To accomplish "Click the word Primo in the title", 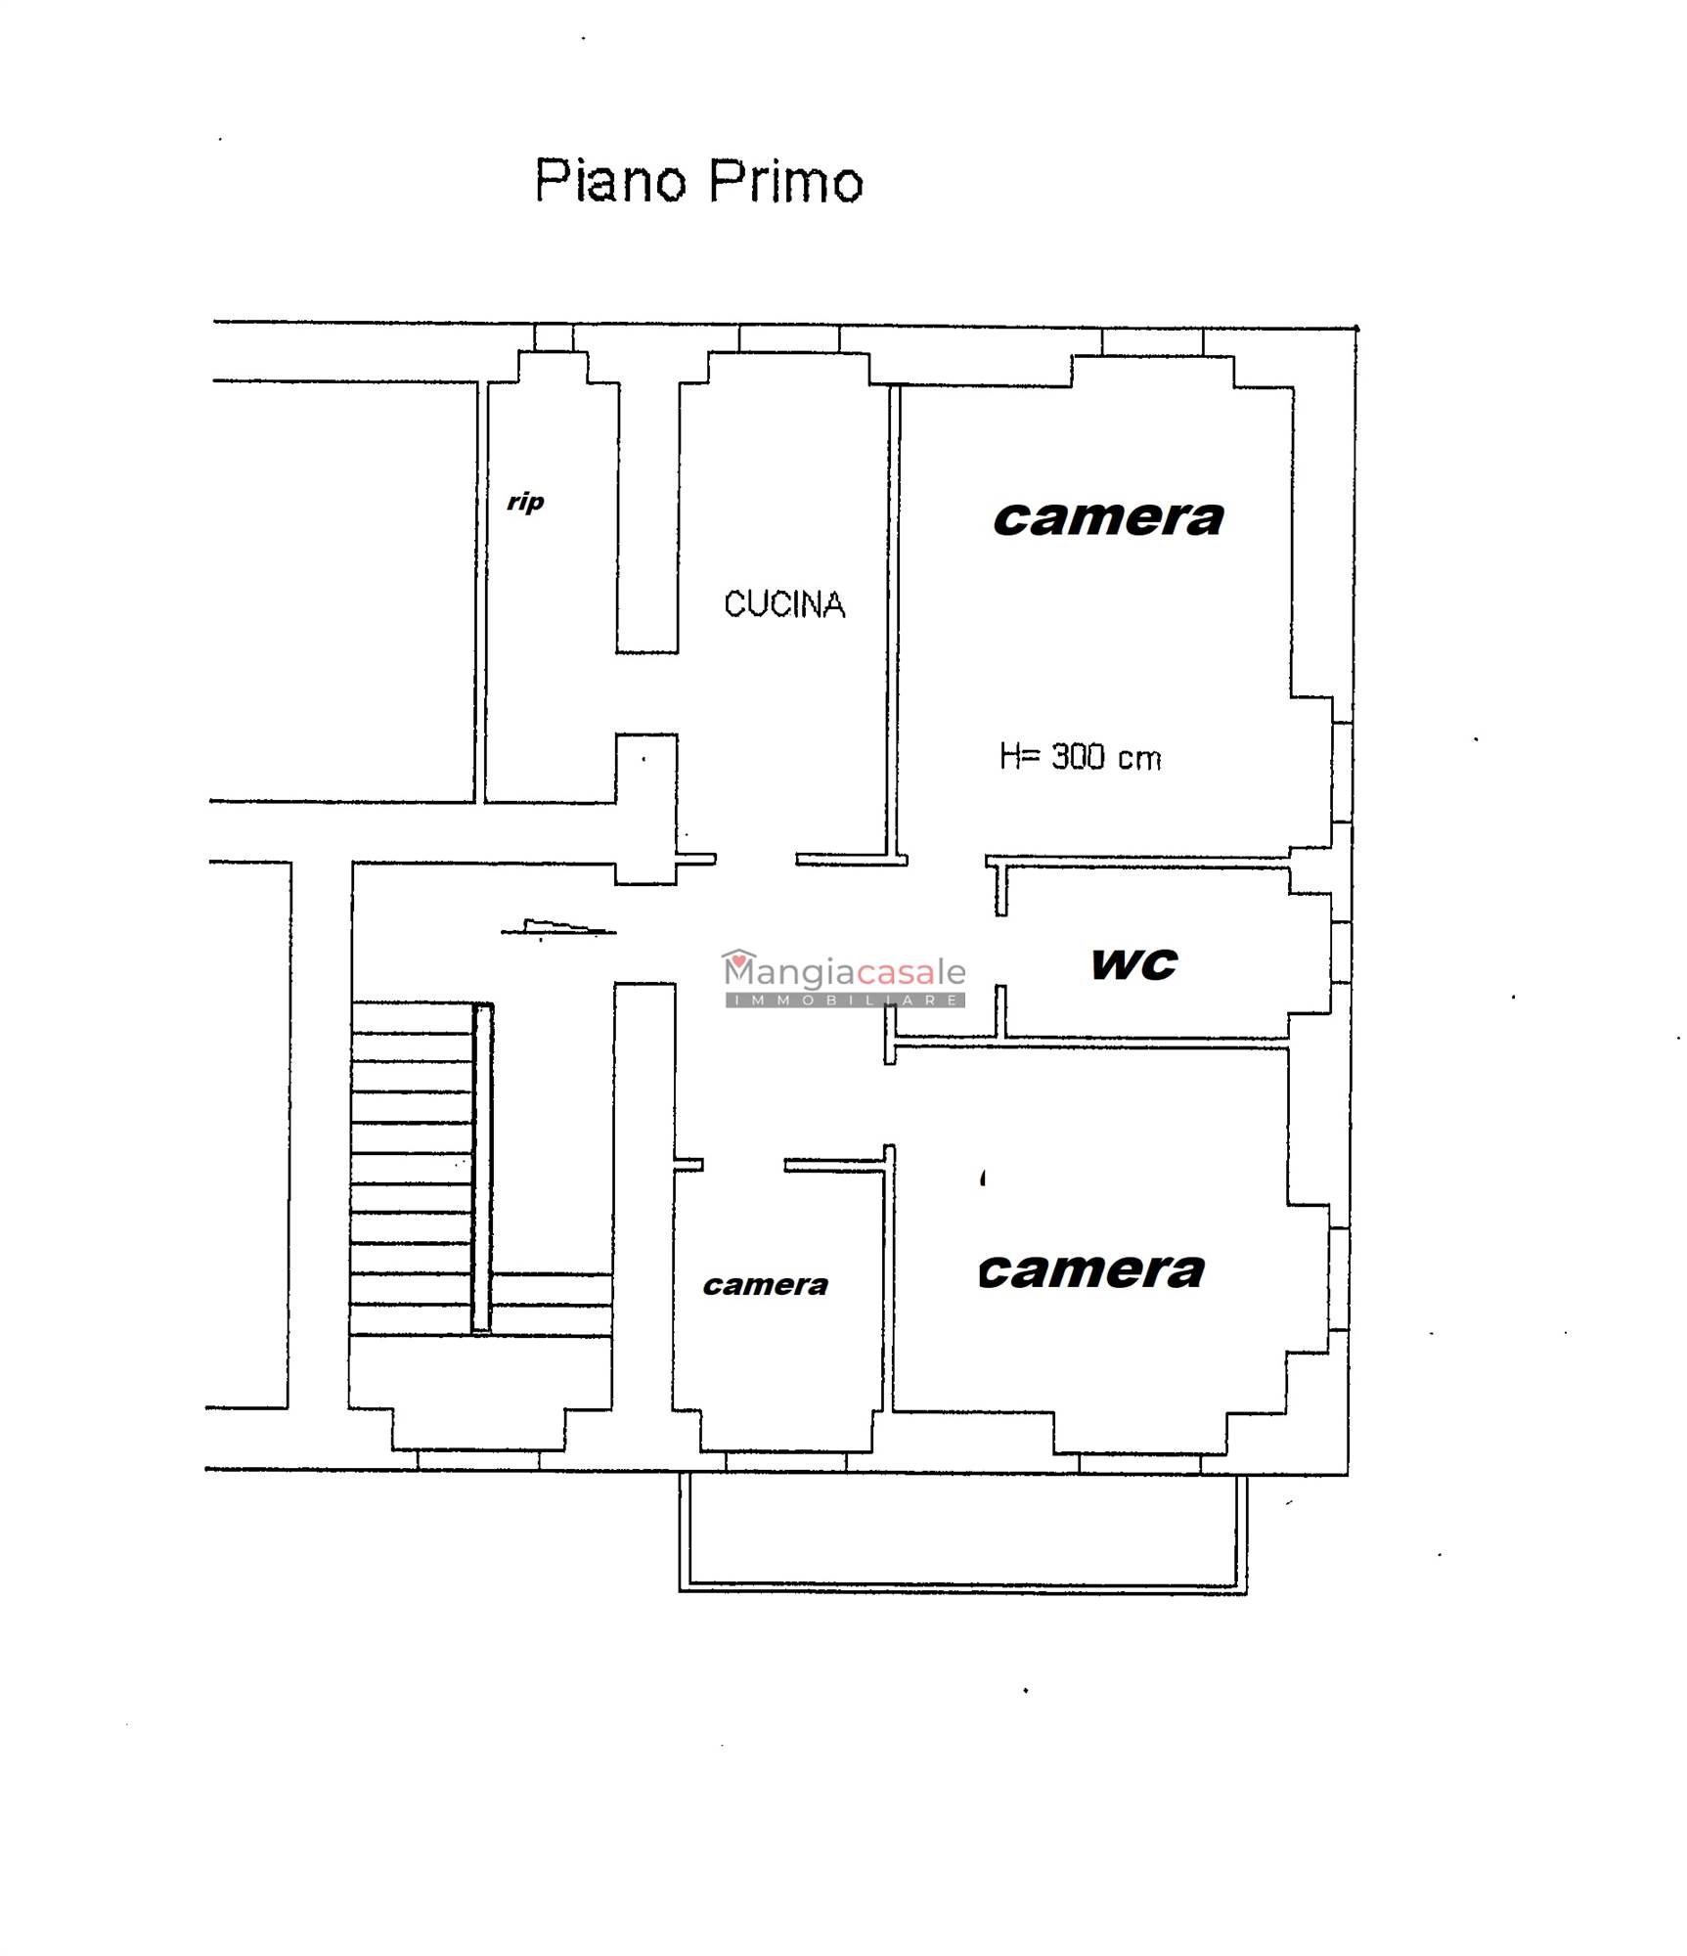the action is pyautogui.click(x=785, y=182).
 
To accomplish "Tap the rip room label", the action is pyautogui.click(x=525, y=503).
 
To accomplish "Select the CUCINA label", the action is pyautogui.click(x=784, y=604).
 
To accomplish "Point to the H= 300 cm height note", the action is pyautogui.click(x=1080, y=757).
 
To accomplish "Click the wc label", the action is pyautogui.click(x=1134, y=964).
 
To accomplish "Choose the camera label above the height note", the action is pyautogui.click(x=1108, y=518).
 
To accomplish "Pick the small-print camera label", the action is pyautogui.click(x=765, y=1285).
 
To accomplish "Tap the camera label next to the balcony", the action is pyautogui.click(x=1091, y=1270).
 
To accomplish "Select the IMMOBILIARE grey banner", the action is pyautogui.click(x=845, y=1000).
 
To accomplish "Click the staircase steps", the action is pyautogui.click(x=412, y=1168).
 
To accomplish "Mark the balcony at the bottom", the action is pyautogui.click(x=963, y=1533).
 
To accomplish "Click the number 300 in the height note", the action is pyautogui.click(x=1078, y=757).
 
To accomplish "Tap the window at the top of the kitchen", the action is pyautogui.click(x=789, y=338).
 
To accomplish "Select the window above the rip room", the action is pyautogui.click(x=554, y=337).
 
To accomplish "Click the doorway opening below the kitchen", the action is pyautogui.click(x=756, y=860).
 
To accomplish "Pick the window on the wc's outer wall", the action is pyautogui.click(x=1341, y=953).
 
